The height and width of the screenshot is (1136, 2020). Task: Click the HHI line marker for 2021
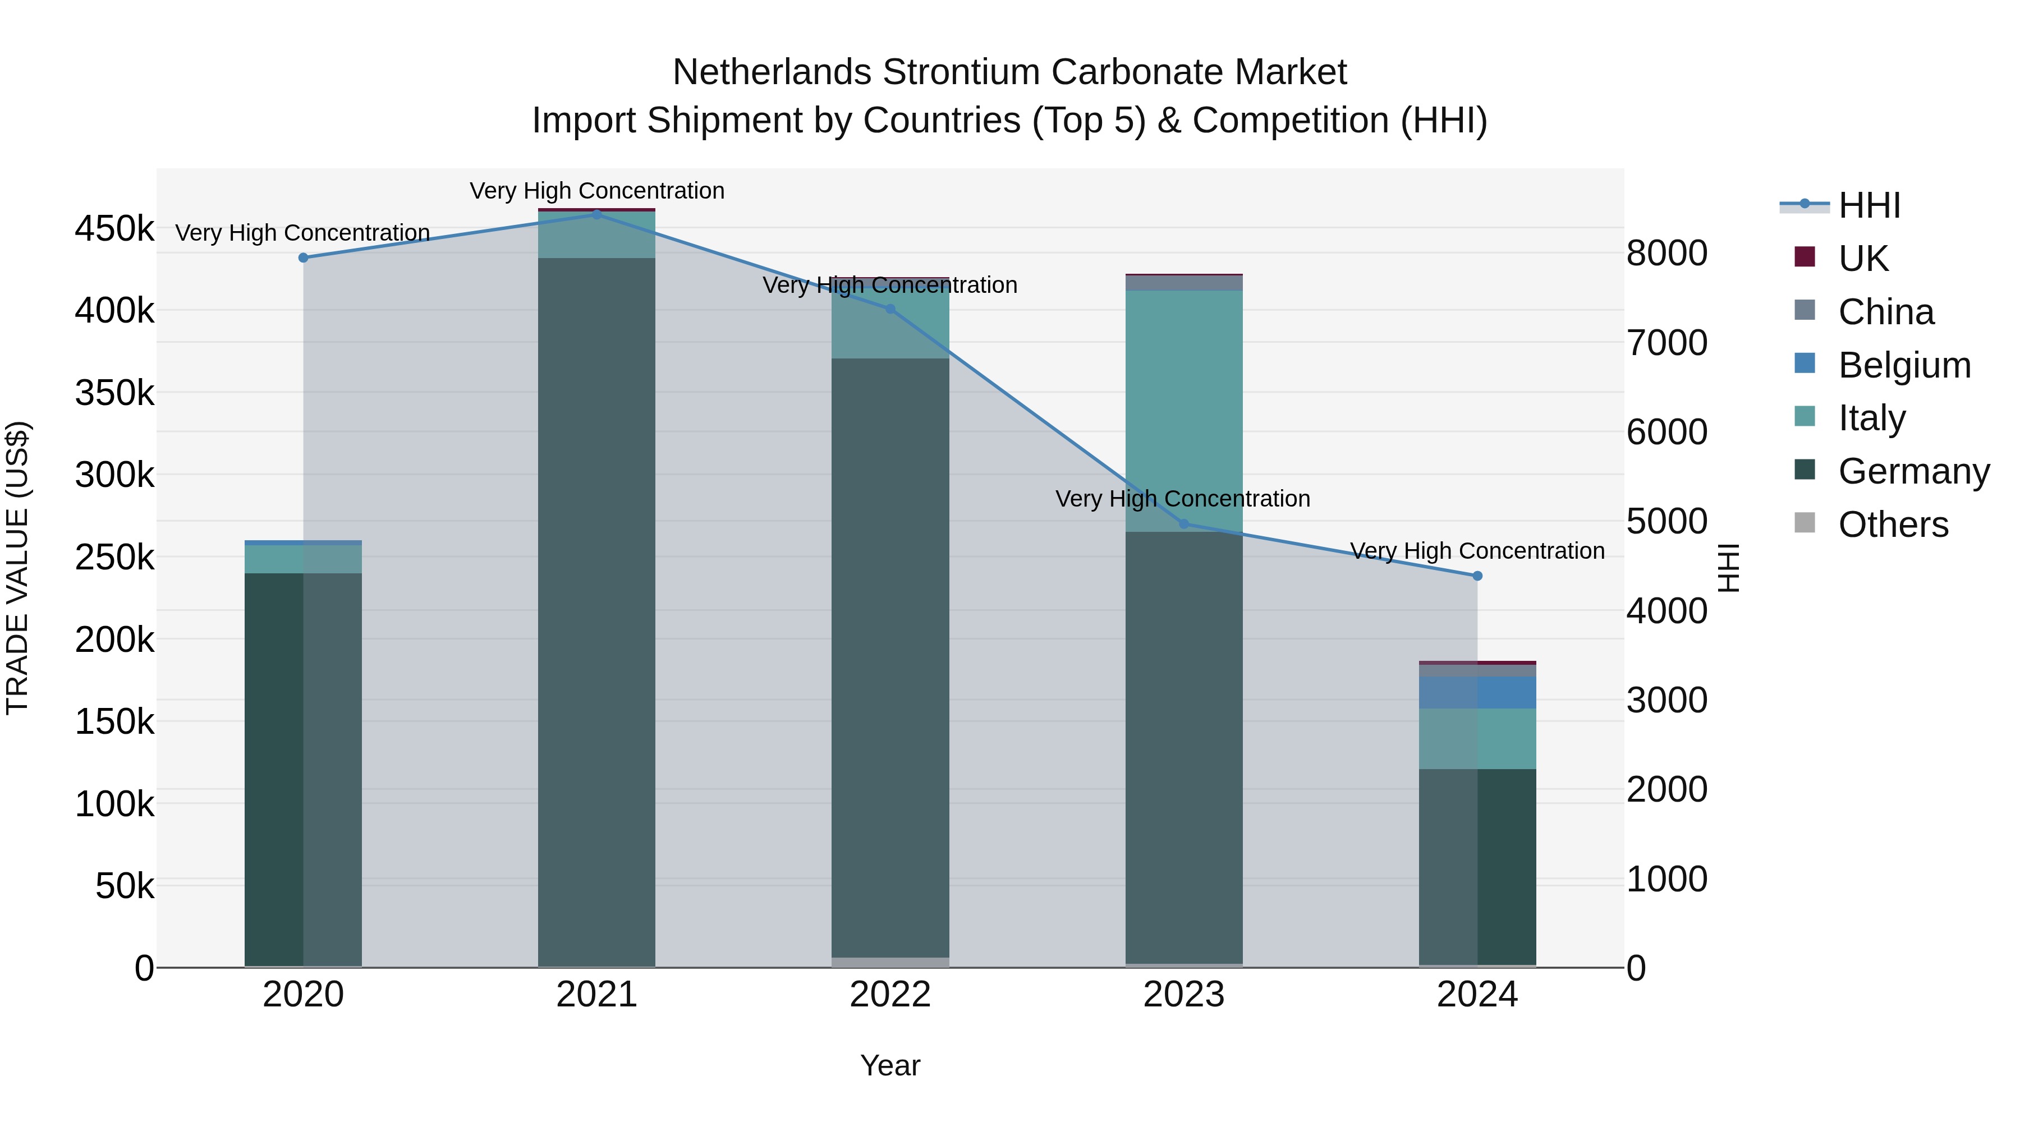point(597,214)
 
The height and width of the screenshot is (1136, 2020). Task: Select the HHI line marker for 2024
point(1477,576)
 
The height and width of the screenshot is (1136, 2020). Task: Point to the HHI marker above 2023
point(1184,524)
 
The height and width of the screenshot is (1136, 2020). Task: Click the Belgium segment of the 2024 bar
point(1477,692)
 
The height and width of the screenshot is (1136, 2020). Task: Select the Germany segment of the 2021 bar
point(597,611)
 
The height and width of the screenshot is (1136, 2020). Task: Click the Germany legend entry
point(1913,471)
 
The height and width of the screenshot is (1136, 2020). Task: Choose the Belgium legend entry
point(1904,365)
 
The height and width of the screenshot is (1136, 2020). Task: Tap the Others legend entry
point(1893,525)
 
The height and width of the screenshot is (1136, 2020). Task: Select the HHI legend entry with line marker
point(1870,205)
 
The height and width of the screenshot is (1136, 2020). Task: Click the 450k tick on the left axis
point(114,229)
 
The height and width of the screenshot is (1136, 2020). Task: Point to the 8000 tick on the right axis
point(1666,253)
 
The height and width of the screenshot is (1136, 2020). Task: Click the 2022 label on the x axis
point(890,995)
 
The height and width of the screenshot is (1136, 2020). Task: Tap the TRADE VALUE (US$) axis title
point(17,568)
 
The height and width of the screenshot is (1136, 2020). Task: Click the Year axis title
point(890,1065)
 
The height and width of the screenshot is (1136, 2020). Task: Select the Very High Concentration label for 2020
point(302,233)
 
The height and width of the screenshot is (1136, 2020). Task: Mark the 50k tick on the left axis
point(125,886)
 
